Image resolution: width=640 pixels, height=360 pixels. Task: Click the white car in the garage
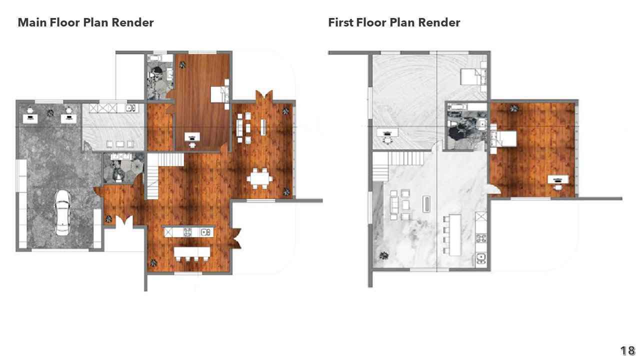coord(62,213)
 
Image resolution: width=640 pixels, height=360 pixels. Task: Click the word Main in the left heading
coord(32,22)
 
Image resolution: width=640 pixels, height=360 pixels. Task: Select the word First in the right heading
coord(340,22)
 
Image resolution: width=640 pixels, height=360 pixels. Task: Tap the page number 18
coord(627,350)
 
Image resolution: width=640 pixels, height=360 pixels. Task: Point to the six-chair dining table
coord(259,178)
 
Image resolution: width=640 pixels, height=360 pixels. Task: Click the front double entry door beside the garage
coord(124,221)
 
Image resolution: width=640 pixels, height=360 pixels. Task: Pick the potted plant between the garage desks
coord(50,113)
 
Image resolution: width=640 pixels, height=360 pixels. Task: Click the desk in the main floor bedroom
coord(192,137)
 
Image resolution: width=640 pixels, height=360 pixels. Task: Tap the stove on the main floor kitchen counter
coord(187,231)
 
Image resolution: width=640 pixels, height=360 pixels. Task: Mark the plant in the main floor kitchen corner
coord(153,262)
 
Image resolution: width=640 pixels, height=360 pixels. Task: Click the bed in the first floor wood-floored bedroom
coord(503,138)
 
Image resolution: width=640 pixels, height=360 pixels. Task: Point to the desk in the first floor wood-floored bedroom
coord(558,179)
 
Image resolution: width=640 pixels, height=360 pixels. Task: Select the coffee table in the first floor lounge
coord(426,204)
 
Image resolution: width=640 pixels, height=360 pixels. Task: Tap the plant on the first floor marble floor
coord(384,255)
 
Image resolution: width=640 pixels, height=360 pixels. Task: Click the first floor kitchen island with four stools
coord(455,235)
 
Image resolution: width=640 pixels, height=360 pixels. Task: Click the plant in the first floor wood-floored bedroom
coord(514,108)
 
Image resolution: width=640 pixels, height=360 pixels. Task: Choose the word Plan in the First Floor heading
coord(402,22)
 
